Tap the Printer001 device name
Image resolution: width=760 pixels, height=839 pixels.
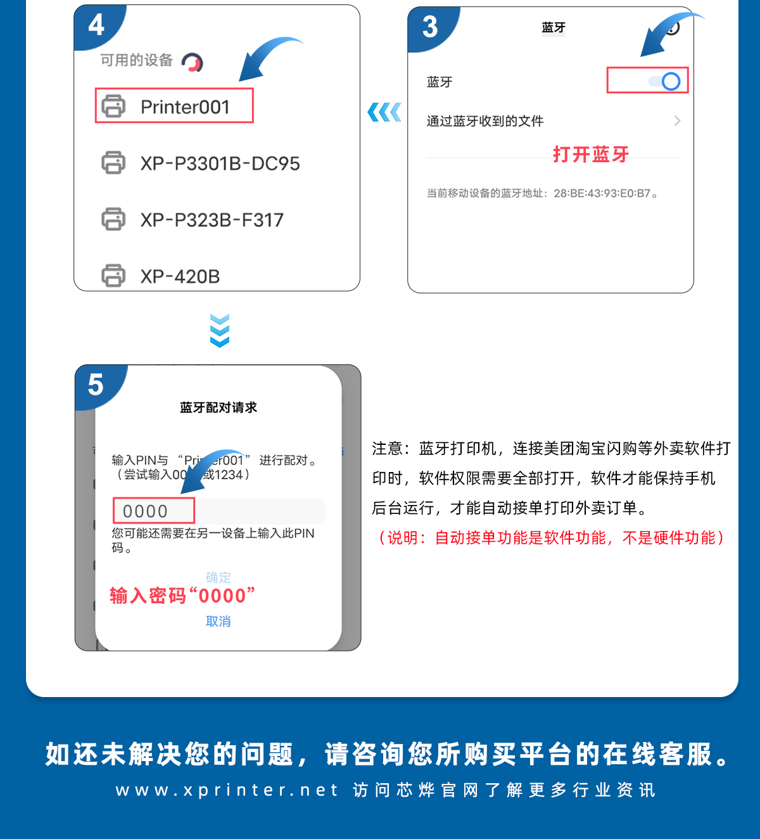tap(185, 107)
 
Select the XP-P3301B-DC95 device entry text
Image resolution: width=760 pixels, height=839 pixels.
tap(220, 163)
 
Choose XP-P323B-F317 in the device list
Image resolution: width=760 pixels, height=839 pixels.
tap(212, 220)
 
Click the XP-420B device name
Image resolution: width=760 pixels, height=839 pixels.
tap(180, 276)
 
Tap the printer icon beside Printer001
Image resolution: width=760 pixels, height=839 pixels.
tap(113, 106)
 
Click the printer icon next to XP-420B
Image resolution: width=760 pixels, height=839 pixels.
tap(113, 275)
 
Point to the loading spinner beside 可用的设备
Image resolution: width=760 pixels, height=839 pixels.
tap(193, 62)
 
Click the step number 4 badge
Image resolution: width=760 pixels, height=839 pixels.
tap(96, 25)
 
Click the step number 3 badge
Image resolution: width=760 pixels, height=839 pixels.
tap(430, 27)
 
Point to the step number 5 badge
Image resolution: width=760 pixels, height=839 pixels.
tap(96, 385)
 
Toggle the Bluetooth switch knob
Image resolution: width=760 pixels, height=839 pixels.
tap(671, 82)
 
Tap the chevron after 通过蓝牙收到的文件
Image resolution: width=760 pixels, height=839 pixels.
tap(677, 121)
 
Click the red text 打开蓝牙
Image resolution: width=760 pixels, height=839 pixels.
tap(591, 155)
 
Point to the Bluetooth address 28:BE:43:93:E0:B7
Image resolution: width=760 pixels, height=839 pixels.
tap(602, 193)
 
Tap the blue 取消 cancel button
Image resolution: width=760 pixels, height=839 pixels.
tap(218, 621)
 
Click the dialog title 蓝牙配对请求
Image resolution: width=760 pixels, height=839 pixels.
tap(218, 407)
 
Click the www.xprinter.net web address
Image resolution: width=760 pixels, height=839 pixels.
tap(227, 790)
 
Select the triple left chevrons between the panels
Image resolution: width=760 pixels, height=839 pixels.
tap(384, 112)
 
